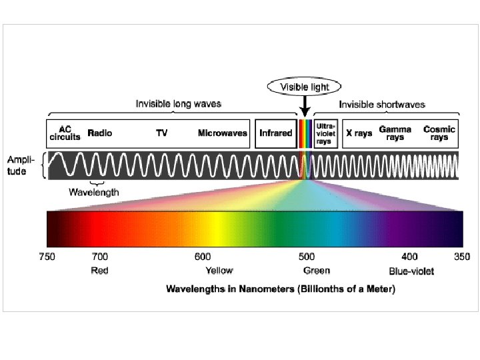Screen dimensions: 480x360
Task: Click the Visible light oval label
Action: [x=303, y=87]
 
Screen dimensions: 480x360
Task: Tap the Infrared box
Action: [x=275, y=133]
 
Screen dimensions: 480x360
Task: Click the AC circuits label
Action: [x=65, y=133]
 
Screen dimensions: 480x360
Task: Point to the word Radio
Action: [x=100, y=133]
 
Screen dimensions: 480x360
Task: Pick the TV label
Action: [x=162, y=133]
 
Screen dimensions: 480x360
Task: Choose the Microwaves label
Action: [x=223, y=133]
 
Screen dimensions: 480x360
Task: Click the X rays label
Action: [x=359, y=133]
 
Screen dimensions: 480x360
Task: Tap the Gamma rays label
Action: [x=395, y=133]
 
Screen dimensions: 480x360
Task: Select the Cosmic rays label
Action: [x=439, y=133]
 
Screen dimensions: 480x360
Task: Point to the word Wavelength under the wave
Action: [x=95, y=192]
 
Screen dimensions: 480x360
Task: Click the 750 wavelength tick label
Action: [x=47, y=257]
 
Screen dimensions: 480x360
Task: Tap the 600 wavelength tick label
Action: [x=203, y=257]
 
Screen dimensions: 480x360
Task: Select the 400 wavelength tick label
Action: [x=409, y=257]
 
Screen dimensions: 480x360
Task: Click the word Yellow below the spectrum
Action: [x=219, y=271]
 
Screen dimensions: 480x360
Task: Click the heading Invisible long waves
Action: [x=179, y=104]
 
